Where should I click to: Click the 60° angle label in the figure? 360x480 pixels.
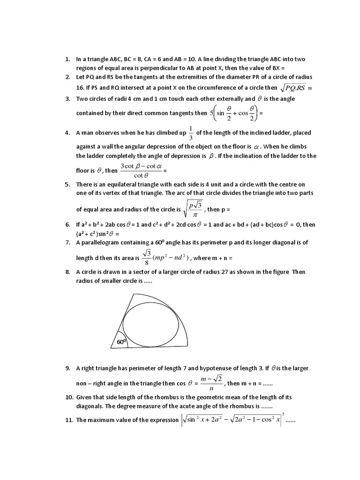[x=121, y=343]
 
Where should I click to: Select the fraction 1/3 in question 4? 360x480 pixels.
[x=190, y=133]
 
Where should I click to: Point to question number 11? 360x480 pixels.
[x=69, y=420]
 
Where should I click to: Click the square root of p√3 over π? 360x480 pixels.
[x=193, y=209]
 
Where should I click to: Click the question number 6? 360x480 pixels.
[x=67, y=225]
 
